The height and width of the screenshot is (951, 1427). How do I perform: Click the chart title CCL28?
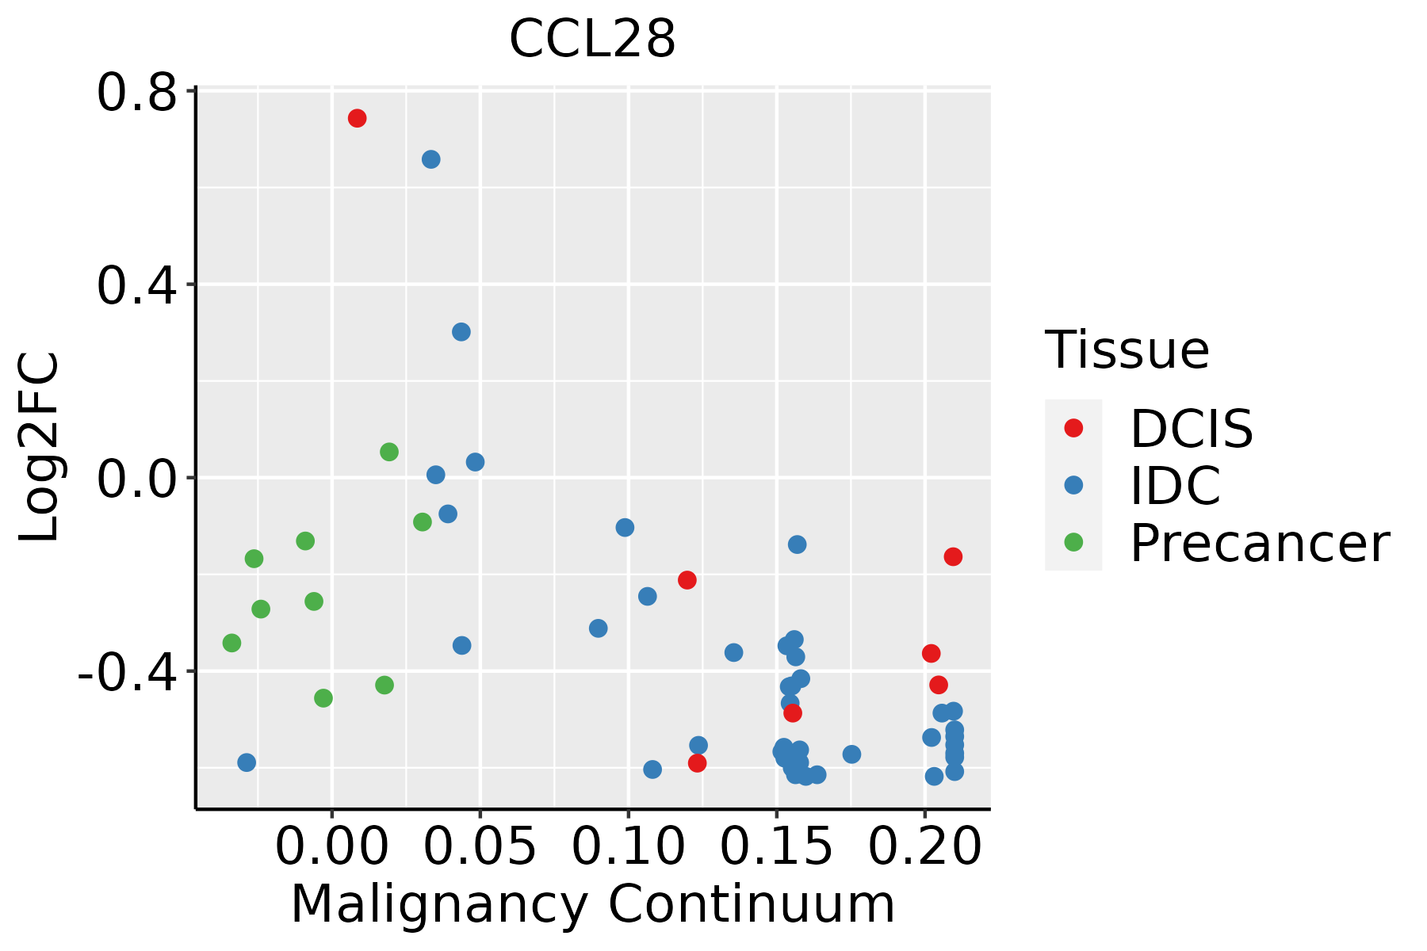click(592, 39)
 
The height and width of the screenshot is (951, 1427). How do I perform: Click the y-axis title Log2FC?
click(40, 448)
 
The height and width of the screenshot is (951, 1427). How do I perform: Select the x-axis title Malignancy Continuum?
click(592, 904)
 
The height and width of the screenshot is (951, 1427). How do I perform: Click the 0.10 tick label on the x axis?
click(627, 847)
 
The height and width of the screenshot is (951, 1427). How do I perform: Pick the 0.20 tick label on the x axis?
click(924, 847)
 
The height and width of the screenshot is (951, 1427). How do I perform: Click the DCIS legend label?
click(1191, 429)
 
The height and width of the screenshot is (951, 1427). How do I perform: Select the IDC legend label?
click(1175, 486)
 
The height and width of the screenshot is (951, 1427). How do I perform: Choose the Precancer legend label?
click(1259, 543)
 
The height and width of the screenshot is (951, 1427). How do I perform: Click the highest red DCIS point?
click(357, 118)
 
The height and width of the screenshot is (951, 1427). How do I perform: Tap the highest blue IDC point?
click(430, 159)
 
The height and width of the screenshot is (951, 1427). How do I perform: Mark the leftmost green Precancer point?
click(231, 643)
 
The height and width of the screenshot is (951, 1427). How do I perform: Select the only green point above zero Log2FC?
click(389, 452)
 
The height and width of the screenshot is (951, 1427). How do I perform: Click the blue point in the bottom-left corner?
click(247, 762)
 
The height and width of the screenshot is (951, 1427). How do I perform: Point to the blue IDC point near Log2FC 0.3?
click(461, 332)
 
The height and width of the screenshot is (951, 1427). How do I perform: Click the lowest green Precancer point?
click(323, 698)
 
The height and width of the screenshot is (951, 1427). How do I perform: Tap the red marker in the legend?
click(1073, 428)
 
